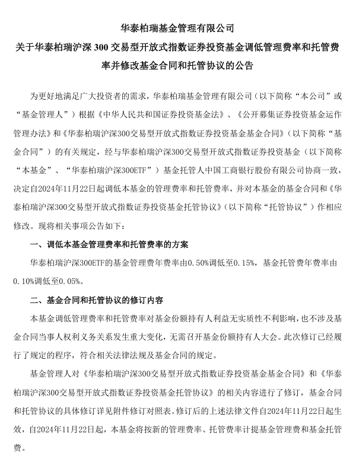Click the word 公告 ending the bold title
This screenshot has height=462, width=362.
click(x=244, y=66)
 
